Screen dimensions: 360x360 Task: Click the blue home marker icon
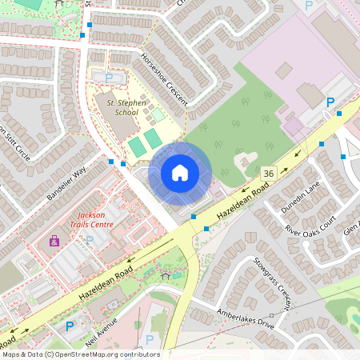[x=180, y=173]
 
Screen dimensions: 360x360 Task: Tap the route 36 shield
[x=268, y=173]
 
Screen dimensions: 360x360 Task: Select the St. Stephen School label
[x=116, y=107]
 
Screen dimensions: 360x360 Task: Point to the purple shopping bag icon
[x=54, y=240]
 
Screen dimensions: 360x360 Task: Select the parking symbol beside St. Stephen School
[x=110, y=78]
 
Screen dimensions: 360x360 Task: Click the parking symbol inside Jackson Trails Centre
[x=90, y=239]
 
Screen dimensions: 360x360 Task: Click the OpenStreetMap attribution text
[x=80, y=354]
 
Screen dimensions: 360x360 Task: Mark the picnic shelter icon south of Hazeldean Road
[x=166, y=274]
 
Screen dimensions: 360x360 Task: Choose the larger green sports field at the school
[x=138, y=146]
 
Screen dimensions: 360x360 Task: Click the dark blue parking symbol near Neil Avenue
[x=70, y=326]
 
